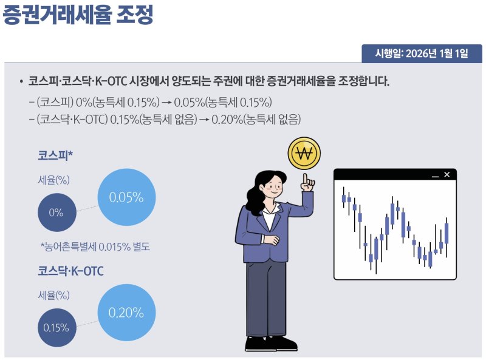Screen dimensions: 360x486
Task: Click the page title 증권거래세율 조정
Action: coord(78,15)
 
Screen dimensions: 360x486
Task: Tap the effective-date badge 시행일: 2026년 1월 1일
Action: coord(422,53)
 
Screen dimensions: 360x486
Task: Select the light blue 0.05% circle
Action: coord(126,197)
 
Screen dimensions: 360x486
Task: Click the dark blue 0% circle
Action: coord(56,212)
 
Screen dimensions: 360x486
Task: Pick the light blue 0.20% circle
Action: coord(126,313)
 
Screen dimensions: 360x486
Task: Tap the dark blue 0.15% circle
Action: coord(56,327)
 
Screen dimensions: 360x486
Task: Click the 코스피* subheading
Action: coord(55,156)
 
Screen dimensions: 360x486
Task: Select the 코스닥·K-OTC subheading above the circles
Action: coord(70,271)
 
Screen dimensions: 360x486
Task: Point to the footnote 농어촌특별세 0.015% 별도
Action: coord(95,246)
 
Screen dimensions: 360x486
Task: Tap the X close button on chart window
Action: coord(447,175)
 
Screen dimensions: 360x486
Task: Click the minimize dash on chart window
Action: coord(434,176)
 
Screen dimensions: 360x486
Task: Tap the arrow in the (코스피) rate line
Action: coord(166,101)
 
